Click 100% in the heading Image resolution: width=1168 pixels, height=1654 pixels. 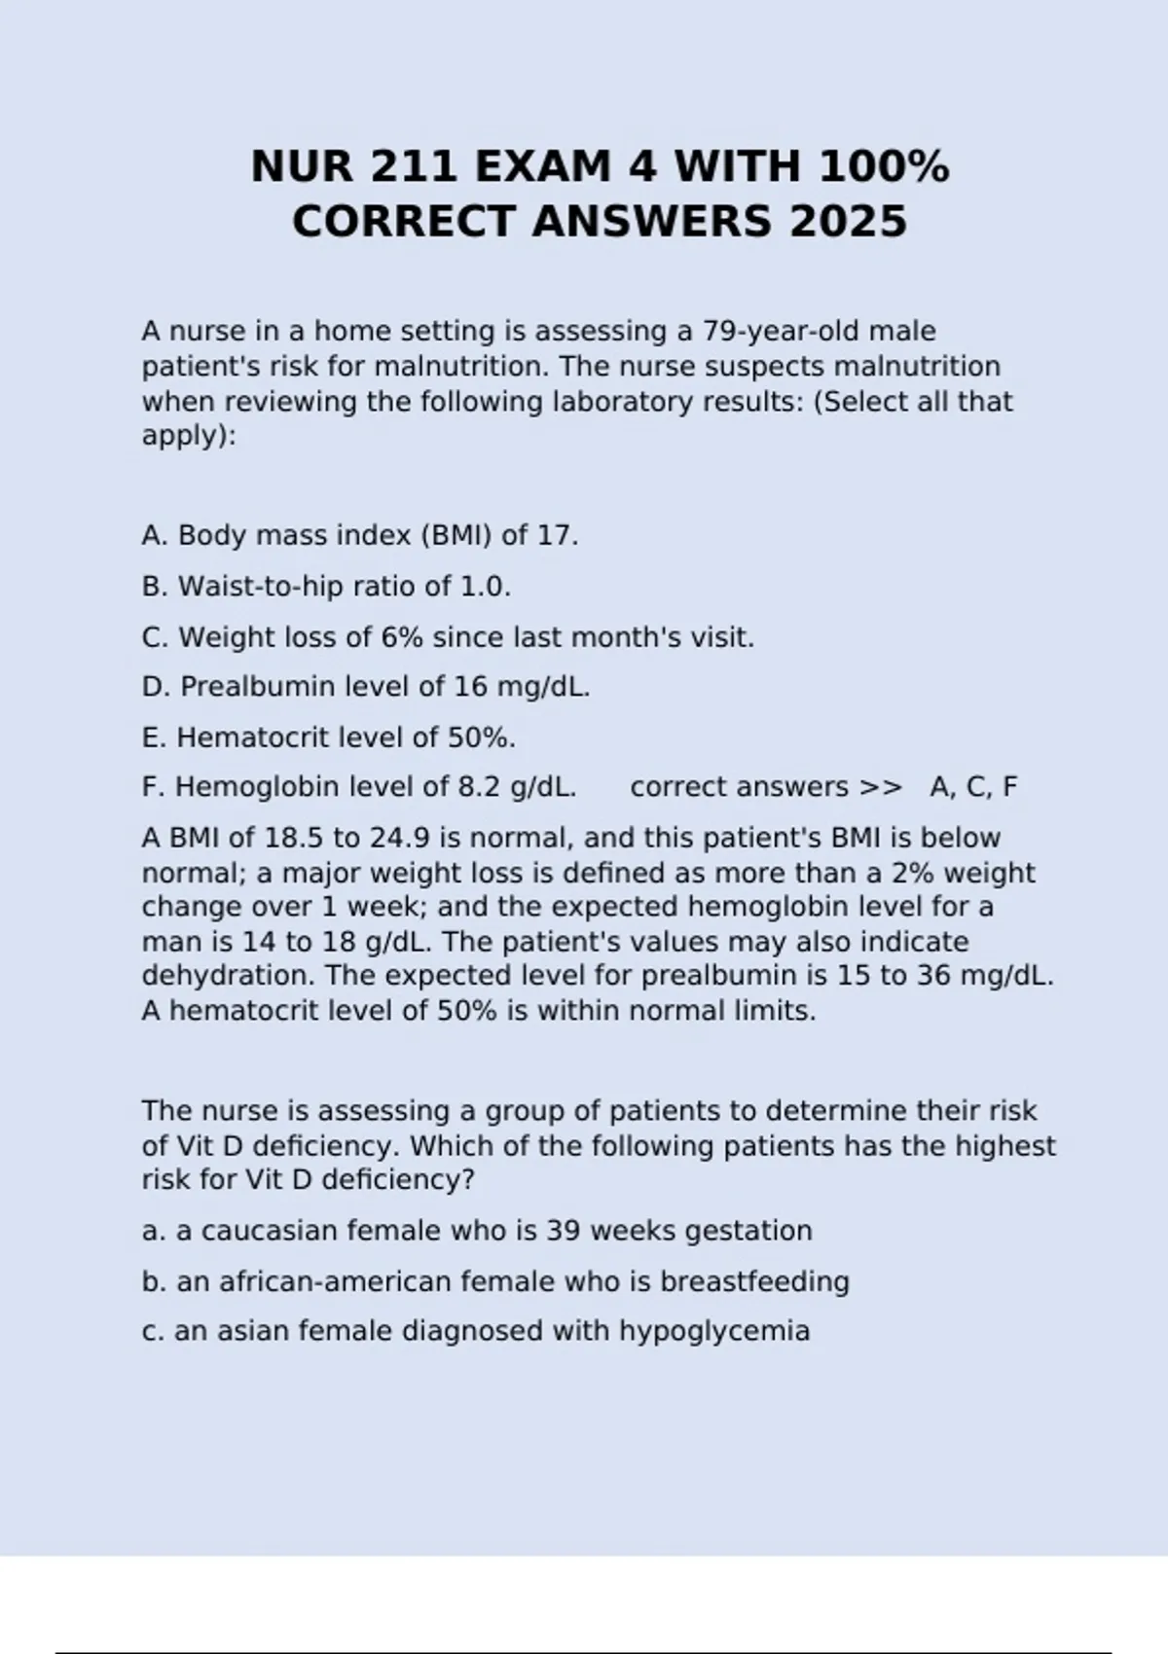click(x=884, y=166)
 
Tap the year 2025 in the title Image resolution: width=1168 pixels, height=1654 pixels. click(x=848, y=222)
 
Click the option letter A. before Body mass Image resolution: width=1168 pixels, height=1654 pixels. click(x=155, y=536)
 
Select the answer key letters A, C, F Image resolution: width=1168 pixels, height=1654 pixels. click(x=973, y=787)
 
